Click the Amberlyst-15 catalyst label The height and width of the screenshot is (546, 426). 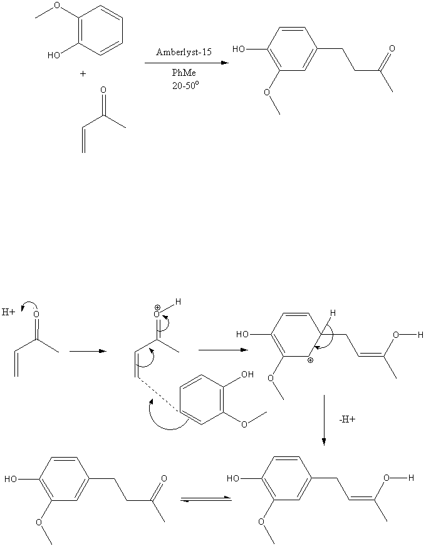(x=184, y=52)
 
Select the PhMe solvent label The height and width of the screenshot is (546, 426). (x=184, y=73)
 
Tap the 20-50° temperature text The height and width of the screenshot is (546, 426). (x=185, y=85)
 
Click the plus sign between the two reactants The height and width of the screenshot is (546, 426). (x=83, y=74)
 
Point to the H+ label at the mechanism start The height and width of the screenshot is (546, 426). (x=8, y=312)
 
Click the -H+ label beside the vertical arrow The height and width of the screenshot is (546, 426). (x=347, y=419)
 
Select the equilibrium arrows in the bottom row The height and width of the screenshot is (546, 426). (x=206, y=500)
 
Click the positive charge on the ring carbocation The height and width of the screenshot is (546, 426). (x=310, y=360)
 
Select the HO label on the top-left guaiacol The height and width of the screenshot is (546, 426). (x=54, y=55)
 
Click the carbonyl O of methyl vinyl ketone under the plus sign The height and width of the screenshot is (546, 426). (x=103, y=90)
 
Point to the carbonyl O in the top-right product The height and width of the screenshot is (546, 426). (x=392, y=48)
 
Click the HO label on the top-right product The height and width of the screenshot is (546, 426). (x=239, y=49)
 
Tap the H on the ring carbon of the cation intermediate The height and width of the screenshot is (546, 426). (x=333, y=313)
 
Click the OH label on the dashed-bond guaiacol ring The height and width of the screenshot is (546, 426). (x=247, y=374)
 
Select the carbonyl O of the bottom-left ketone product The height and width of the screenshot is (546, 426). (x=164, y=478)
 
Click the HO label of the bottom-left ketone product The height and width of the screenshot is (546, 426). (x=11, y=480)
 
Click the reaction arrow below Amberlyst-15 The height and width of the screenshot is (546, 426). (x=187, y=63)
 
